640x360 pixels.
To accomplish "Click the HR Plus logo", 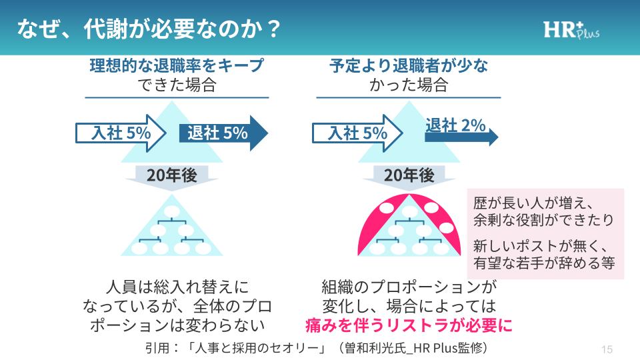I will tap(571, 29).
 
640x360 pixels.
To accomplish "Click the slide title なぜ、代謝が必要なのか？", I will tap(148, 28).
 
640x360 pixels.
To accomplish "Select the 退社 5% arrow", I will tap(223, 133).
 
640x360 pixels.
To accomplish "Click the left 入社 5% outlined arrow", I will tap(120, 133).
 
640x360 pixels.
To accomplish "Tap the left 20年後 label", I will tap(172, 175).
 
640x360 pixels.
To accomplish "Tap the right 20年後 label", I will tap(409, 175).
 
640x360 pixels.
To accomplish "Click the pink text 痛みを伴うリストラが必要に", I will tap(409, 325).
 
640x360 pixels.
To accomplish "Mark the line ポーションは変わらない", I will tap(177, 325).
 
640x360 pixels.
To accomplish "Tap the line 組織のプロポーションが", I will tap(409, 288).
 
